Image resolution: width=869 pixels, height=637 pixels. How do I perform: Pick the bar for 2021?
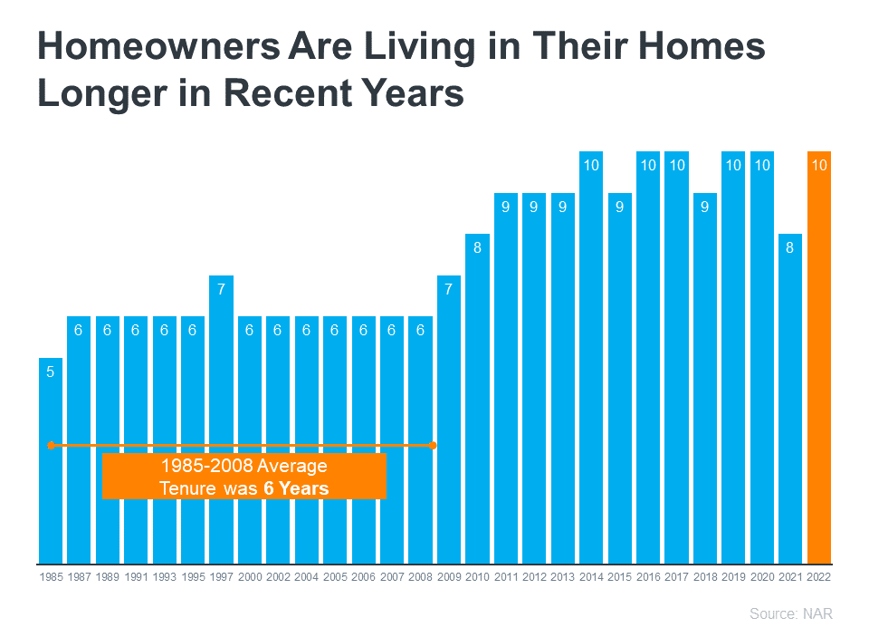click(790, 399)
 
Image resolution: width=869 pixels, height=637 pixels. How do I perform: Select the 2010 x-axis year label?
click(477, 576)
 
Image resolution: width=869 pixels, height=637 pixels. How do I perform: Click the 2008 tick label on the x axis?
click(420, 576)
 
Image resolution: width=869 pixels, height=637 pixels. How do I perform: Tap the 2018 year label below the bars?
click(705, 576)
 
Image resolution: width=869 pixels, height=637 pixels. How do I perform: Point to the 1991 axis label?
click(136, 576)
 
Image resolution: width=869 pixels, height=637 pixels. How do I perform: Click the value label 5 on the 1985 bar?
click(51, 372)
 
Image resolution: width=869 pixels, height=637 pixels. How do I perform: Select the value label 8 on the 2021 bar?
click(790, 247)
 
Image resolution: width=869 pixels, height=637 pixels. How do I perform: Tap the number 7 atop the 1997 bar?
click(221, 289)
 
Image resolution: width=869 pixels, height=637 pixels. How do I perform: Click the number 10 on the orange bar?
click(818, 165)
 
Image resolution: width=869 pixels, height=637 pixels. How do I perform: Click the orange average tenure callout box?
click(244, 477)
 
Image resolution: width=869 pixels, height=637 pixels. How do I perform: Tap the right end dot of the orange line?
click(433, 445)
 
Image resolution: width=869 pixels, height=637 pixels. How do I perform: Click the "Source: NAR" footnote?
click(790, 614)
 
